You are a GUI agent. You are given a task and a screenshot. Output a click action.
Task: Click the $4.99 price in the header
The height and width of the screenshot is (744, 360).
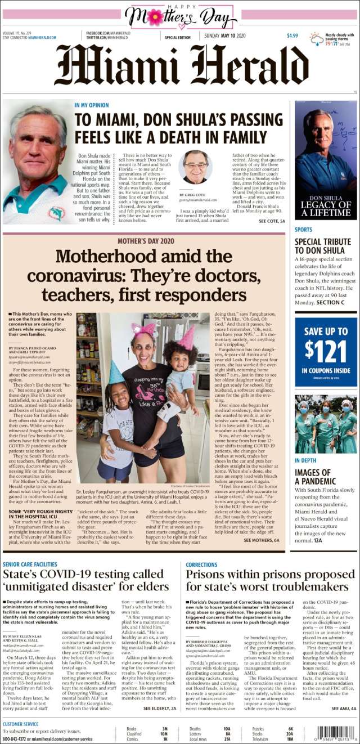pos(292,35)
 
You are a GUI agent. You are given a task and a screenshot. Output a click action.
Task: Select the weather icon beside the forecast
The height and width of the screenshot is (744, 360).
pos(317,39)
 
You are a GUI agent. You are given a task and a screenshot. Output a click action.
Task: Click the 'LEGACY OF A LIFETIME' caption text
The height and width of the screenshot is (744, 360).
pos(326,208)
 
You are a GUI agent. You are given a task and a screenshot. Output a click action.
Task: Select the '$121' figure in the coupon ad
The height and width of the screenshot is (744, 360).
pos(326,350)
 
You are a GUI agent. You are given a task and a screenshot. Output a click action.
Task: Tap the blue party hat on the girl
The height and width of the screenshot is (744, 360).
pos(116,372)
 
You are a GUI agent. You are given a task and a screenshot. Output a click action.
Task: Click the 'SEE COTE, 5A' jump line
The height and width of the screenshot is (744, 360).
pos(272,222)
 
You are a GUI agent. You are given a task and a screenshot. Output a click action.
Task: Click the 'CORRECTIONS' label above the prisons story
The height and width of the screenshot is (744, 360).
pos(201,564)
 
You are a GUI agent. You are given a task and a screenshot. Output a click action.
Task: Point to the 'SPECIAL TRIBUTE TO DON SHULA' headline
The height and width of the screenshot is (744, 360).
pos(323,246)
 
